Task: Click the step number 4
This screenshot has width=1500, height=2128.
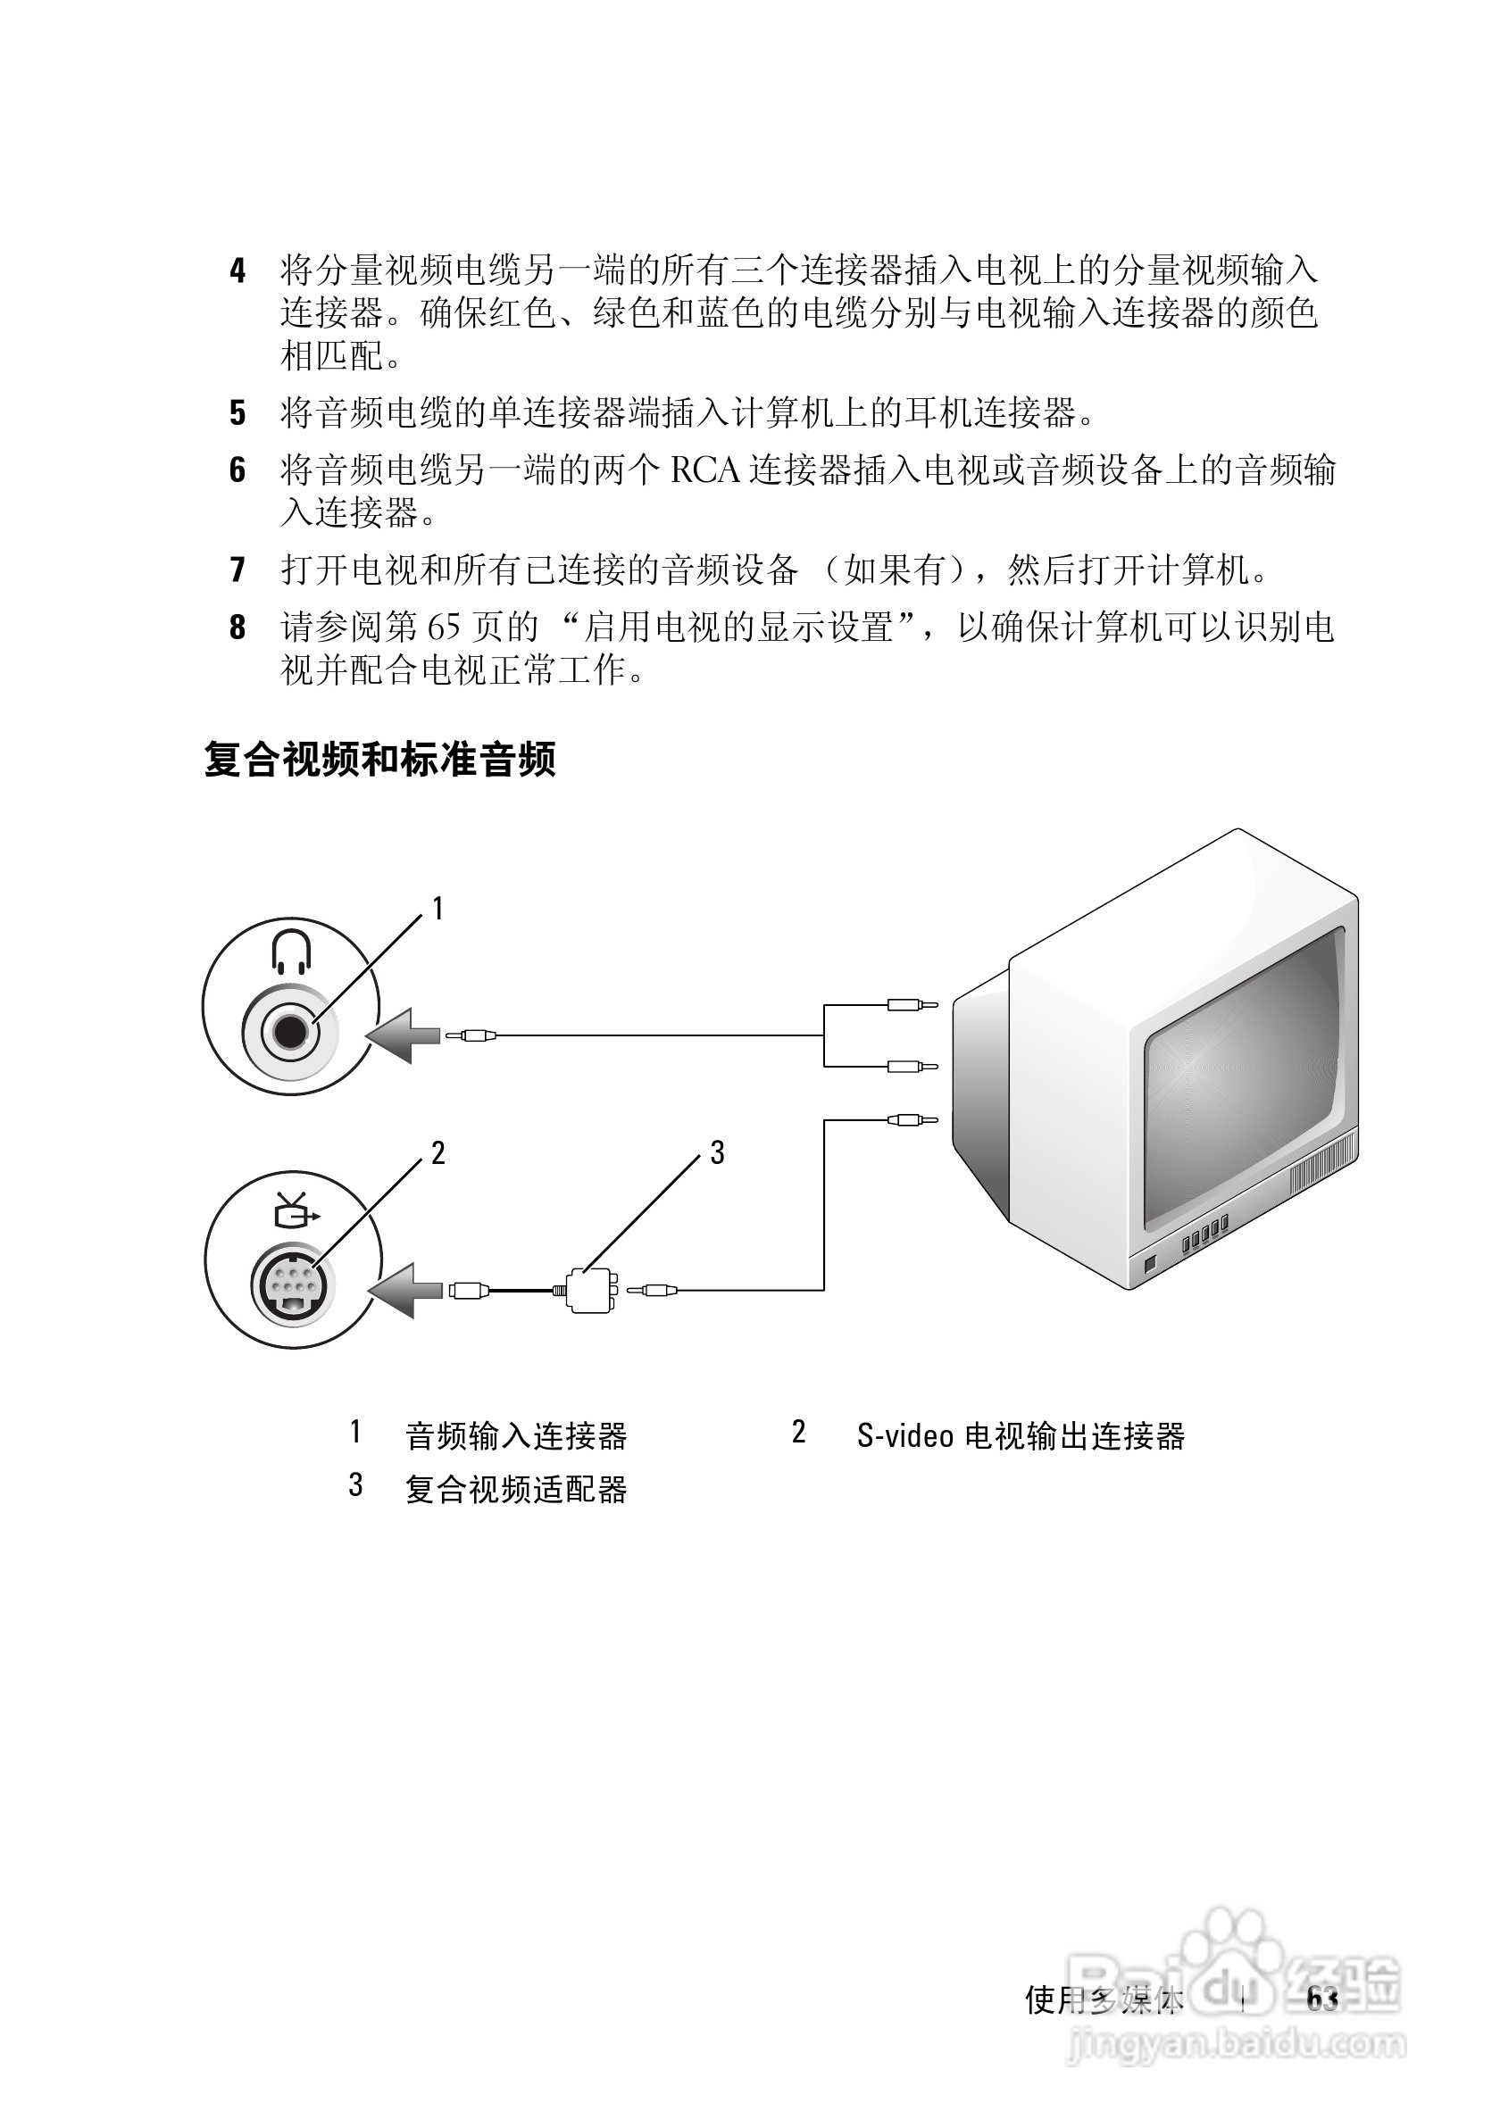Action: click(x=238, y=271)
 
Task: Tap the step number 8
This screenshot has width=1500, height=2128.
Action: click(x=238, y=628)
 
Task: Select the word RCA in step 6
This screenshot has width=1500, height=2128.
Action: click(x=704, y=470)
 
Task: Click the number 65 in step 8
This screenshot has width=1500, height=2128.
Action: click(x=443, y=628)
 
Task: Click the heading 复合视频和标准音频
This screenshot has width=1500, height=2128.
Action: click(x=379, y=759)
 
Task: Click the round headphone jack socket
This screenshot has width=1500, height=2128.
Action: click(x=290, y=1032)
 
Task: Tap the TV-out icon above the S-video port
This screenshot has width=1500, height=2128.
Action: click(x=295, y=1209)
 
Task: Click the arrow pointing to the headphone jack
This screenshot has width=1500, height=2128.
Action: click(x=404, y=1035)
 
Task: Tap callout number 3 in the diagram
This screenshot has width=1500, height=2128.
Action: click(x=717, y=1153)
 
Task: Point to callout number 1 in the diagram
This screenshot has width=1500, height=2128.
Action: click(x=437, y=910)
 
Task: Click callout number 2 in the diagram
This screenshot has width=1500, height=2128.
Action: click(x=437, y=1153)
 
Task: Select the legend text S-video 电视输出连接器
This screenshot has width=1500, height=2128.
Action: click(x=1020, y=1435)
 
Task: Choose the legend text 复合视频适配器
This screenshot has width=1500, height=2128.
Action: click(x=515, y=1490)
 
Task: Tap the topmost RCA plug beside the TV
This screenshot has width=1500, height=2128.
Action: click(x=912, y=1005)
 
